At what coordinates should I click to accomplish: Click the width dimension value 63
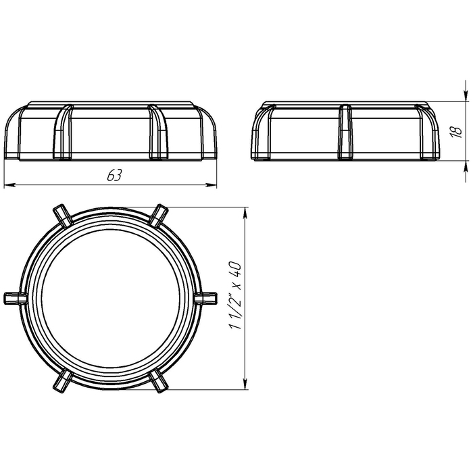(114, 175)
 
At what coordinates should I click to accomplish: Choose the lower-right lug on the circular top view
(159, 382)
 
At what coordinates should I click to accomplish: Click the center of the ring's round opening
(110, 298)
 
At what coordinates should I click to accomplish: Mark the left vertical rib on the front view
(63, 132)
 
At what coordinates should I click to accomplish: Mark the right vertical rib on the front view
(158, 132)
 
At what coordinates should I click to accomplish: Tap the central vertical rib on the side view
(345, 132)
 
